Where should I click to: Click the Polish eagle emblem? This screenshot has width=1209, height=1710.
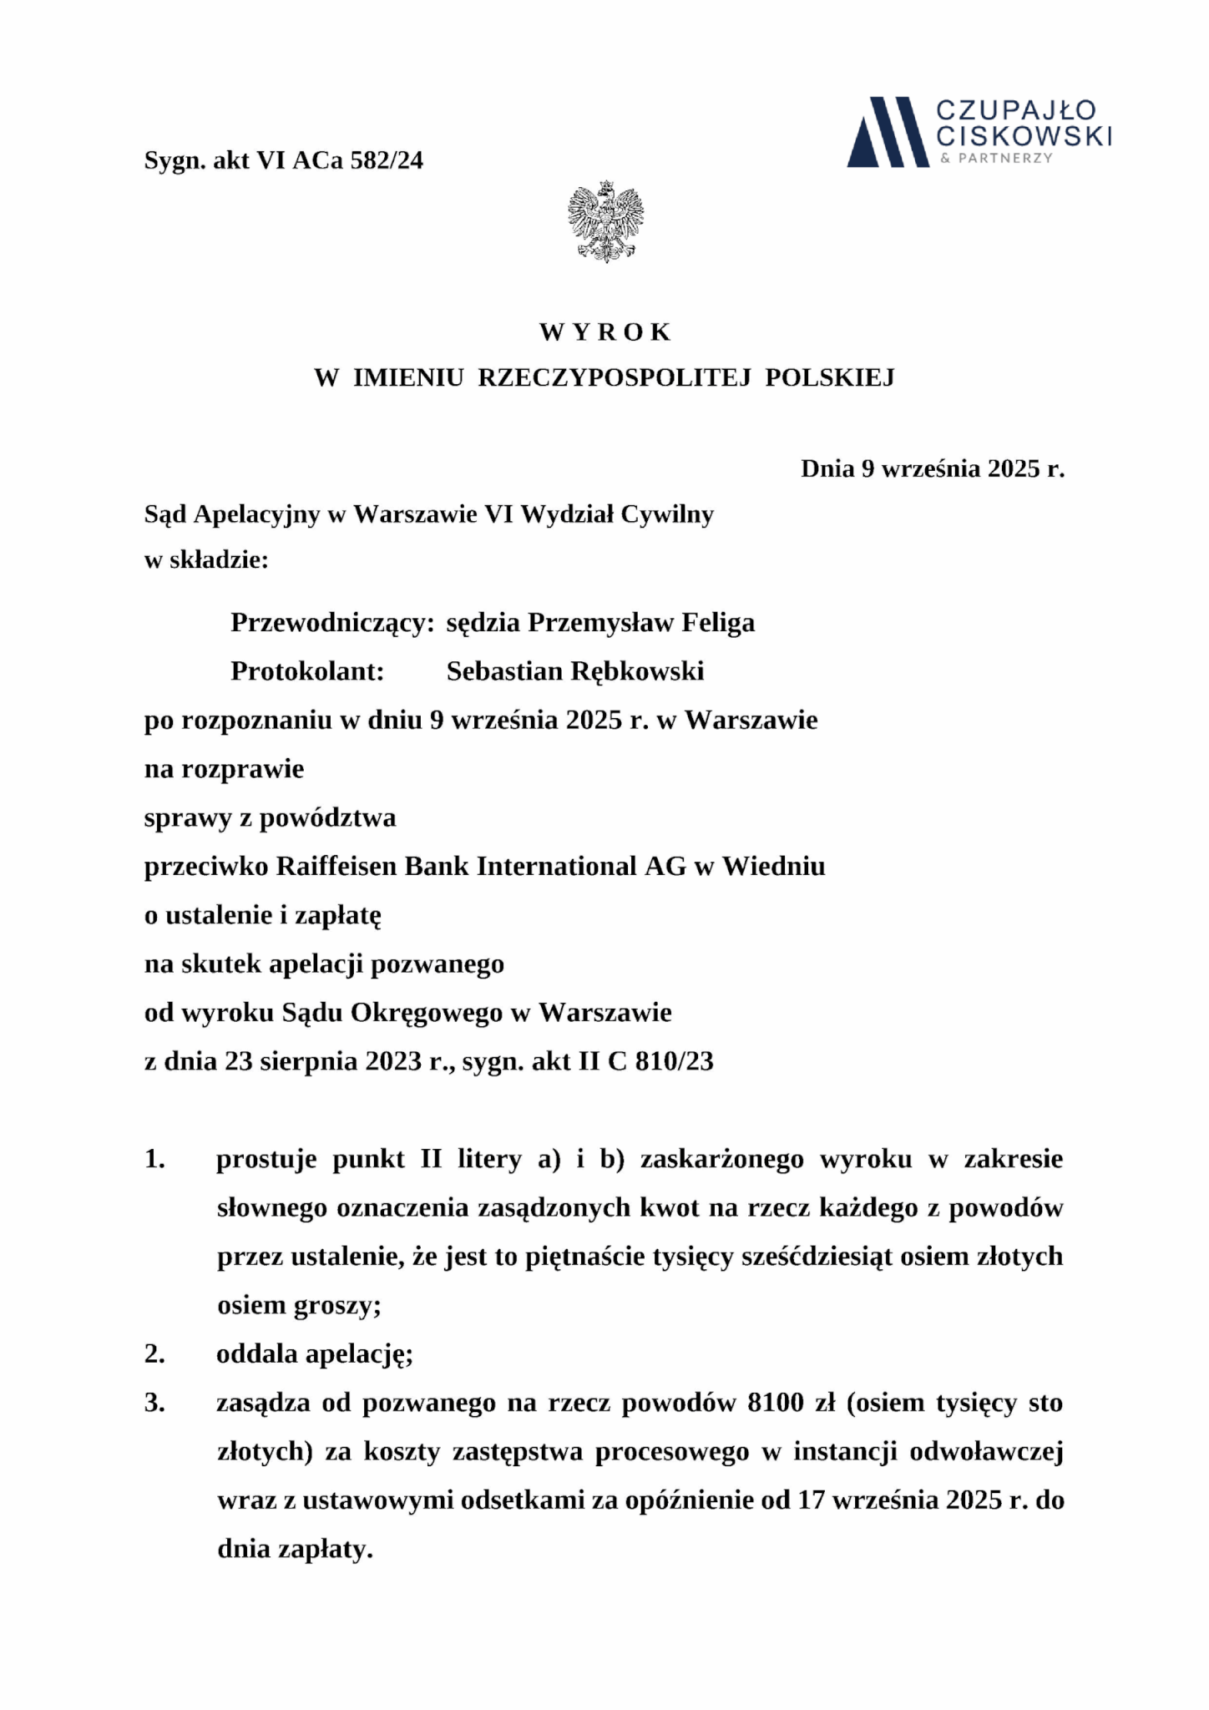[605, 220]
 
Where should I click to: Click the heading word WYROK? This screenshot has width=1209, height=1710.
[604, 332]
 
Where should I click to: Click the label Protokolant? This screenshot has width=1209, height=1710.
[307, 671]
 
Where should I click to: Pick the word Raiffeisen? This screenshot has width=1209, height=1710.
[336, 867]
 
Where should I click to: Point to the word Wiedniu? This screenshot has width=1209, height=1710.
[773, 867]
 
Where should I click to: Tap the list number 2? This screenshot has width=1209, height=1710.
[154, 1353]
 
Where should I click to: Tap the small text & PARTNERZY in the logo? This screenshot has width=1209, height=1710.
[996, 158]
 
